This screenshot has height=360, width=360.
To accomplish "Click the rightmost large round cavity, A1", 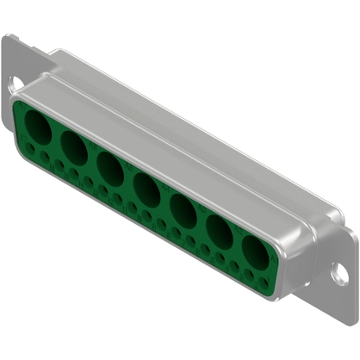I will point(255,251).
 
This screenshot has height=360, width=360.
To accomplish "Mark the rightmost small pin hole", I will point(264,277).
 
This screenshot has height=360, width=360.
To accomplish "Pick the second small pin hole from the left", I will point(43,158).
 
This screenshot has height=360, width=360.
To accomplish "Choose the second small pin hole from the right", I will point(250,270).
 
